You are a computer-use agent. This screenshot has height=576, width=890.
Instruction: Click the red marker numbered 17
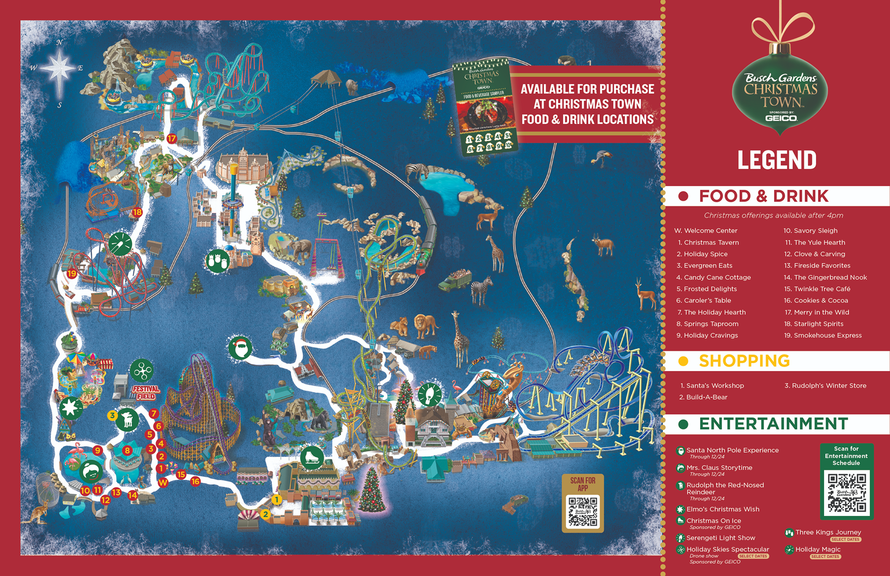[x=172, y=139]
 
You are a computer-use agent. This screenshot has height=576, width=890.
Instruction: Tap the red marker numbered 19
[x=72, y=273]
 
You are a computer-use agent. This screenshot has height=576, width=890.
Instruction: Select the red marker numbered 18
[x=137, y=212]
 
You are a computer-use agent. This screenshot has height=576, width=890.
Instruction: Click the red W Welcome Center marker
[x=163, y=483]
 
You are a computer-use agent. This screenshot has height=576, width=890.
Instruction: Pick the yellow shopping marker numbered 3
[x=112, y=415]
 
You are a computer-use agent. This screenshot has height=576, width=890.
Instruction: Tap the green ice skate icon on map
[x=311, y=457]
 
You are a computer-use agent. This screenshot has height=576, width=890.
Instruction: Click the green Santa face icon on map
[x=240, y=348]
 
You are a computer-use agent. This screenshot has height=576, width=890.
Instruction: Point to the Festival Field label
[x=146, y=392]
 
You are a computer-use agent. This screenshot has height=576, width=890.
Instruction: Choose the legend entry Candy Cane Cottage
[x=717, y=278]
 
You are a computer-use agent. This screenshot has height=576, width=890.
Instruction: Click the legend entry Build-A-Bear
[x=706, y=397]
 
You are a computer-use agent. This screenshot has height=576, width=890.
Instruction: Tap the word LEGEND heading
[x=777, y=160]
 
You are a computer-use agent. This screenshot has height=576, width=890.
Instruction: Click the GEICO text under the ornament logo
[x=781, y=118]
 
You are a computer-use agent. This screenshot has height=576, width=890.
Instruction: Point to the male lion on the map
[x=425, y=325]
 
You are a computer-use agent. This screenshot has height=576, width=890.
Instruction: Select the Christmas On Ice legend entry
[x=713, y=521]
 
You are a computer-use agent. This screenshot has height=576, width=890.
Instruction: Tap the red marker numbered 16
[x=195, y=481]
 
